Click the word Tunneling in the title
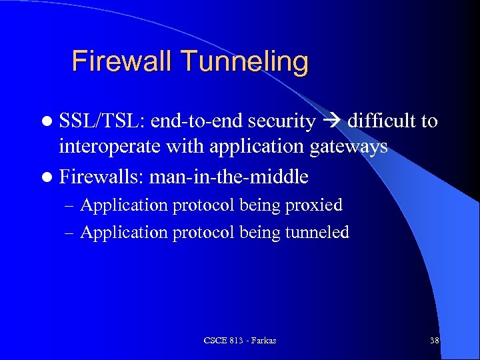(x=245, y=63)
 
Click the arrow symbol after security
(x=331, y=122)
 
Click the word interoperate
(x=111, y=147)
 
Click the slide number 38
(x=435, y=341)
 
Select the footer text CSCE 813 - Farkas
(x=240, y=341)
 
